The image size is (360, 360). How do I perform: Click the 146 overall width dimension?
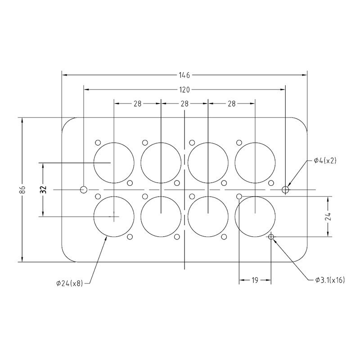(184, 74)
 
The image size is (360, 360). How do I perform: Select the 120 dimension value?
(184, 89)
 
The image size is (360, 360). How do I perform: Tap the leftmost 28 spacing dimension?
(137, 103)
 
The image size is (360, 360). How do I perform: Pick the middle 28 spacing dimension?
(184, 103)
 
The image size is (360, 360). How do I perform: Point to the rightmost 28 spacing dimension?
(232, 103)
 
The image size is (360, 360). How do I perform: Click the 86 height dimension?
(23, 189)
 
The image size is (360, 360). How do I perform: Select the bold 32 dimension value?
(44, 189)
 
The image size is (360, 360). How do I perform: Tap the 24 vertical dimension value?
(330, 216)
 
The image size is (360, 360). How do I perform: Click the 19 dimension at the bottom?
(255, 280)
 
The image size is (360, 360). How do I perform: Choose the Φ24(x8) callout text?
(70, 283)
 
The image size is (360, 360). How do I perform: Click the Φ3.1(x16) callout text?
(330, 280)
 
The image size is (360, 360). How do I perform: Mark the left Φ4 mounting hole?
(84, 189)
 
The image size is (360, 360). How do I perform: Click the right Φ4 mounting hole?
(285, 189)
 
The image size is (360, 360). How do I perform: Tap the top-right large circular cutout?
(255, 162)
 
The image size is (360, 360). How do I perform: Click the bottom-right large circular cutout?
(255, 216)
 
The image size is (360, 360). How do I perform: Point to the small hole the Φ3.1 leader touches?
(271, 237)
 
